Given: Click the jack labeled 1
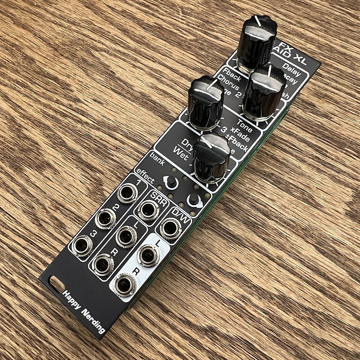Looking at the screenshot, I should [127, 194].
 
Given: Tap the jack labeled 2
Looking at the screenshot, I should [106, 219].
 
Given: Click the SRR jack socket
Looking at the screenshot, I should [148, 210].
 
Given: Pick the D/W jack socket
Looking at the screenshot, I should [170, 228].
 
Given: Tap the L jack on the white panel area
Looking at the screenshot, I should [148, 256].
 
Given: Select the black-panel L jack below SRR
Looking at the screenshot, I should [126, 236].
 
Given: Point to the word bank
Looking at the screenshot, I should [157, 157].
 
